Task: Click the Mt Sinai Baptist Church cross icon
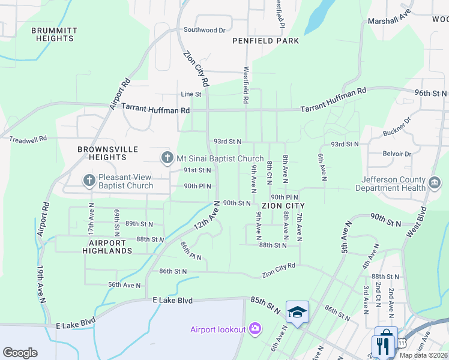167,158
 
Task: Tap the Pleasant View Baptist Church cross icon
89,180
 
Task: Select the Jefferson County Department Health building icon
435,181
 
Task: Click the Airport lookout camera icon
255,329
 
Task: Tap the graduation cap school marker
297,312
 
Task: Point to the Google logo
20,353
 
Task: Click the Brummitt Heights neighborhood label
54,34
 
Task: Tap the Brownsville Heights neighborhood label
107,153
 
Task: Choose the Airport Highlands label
105,247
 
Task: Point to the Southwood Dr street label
204,29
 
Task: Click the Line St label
191,94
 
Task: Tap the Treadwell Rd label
28,139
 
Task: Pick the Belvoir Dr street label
399,153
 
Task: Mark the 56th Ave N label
124,285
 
